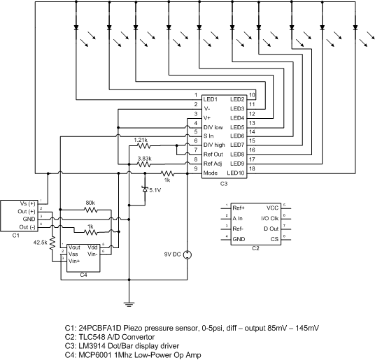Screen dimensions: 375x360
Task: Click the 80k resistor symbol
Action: pyautogui.click(x=91, y=210)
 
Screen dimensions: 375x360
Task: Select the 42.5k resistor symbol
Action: pyautogui.click(x=52, y=243)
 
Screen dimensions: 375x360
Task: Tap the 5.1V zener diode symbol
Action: pyautogui.click(x=145, y=189)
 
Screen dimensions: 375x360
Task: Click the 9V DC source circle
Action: pyautogui.click(x=187, y=255)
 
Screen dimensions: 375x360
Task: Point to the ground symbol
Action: pyautogui.click(x=129, y=304)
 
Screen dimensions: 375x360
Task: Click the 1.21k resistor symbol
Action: pyautogui.click(x=143, y=145)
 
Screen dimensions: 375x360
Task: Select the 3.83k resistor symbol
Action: pyautogui.click(x=143, y=164)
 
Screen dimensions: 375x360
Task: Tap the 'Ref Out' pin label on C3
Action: pyautogui.click(x=213, y=154)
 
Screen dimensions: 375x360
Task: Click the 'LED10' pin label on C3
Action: pyautogui.click(x=236, y=173)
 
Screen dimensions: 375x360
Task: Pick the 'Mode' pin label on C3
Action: pyautogui.click(x=211, y=173)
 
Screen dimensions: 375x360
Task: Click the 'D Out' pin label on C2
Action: pyautogui.click(x=271, y=229)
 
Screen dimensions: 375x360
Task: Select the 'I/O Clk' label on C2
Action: pyautogui.click(x=270, y=218)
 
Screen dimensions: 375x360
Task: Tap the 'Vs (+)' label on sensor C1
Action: pyautogui.click(x=28, y=204)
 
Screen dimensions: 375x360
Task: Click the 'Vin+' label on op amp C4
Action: pyautogui.click(x=74, y=261)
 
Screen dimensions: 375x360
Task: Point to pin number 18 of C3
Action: pyautogui.click(x=252, y=168)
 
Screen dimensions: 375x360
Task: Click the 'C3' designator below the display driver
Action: pyautogui.click(x=224, y=184)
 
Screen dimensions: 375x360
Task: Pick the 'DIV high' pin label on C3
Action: pyautogui.click(x=214, y=145)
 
